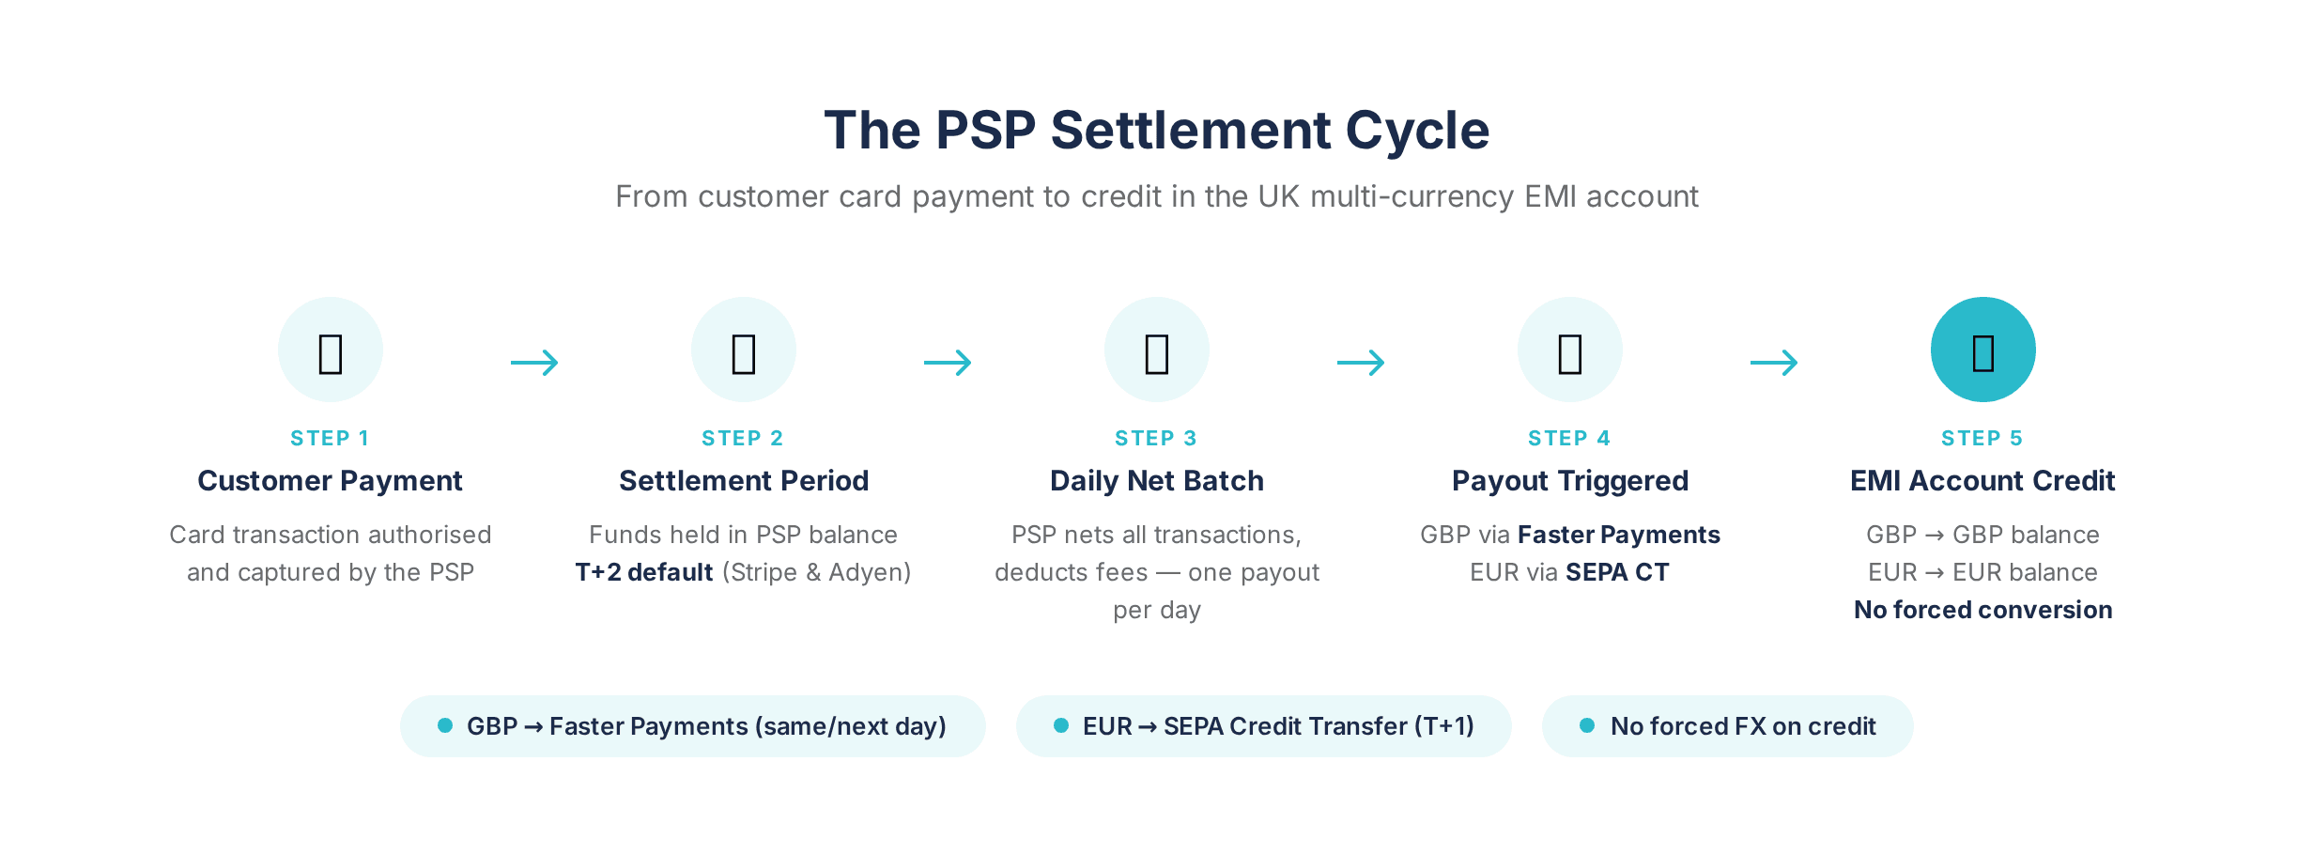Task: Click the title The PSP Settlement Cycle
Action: click(1156, 130)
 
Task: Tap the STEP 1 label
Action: click(330, 438)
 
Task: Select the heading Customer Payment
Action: click(330, 481)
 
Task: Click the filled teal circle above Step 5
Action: click(1982, 350)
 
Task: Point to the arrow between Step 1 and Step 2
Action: click(534, 363)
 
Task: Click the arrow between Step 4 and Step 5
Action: click(1774, 363)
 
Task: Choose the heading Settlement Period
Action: click(743, 481)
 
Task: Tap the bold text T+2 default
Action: click(644, 572)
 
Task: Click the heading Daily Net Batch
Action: click(1156, 481)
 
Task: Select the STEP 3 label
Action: click(1156, 438)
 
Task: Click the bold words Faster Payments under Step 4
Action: click(1618, 535)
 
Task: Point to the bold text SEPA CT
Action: click(1617, 572)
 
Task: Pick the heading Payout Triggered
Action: click(1569, 481)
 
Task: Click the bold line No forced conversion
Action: click(1982, 610)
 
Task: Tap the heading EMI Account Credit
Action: click(1982, 481)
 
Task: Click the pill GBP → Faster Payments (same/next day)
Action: click(692, 726)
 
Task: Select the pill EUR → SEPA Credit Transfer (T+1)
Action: click(1263, 726)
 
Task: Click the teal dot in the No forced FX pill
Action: click(1587, 725)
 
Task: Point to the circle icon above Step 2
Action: click(743, 350)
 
